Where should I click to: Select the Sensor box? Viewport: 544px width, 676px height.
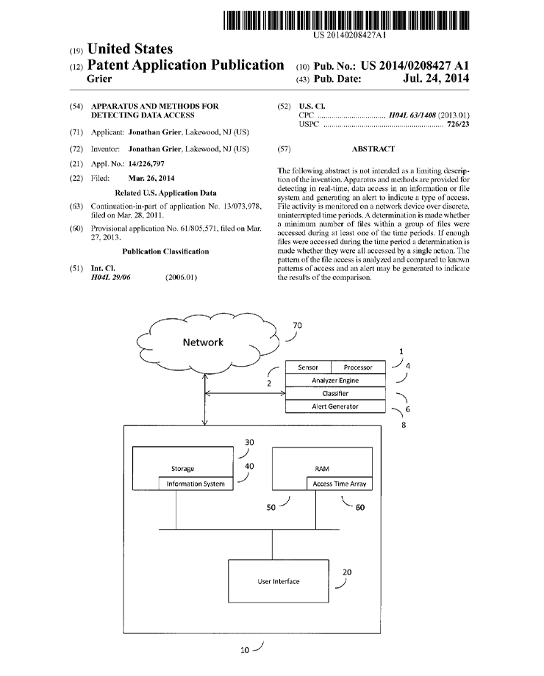(x=308, y=367)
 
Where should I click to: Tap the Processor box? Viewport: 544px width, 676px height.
(x=358, y=367)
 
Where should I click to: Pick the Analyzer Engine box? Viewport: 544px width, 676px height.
(x=335, y=381)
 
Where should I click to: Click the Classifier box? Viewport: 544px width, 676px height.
(x=335, y=393)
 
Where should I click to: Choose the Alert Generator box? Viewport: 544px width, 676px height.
(x=335, y=406)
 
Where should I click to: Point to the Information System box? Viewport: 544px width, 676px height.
(x=196, y=483)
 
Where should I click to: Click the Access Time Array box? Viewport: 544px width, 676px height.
(x=340, y=483)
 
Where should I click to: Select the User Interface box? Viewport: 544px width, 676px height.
(x=279, y=581)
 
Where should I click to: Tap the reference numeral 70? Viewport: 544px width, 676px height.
(x=297, y=326)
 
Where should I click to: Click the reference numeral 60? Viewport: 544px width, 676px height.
(x=359, y=508)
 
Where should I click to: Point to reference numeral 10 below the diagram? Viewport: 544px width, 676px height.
(x=245, y=650)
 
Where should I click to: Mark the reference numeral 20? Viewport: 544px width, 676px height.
(x=347, y=572)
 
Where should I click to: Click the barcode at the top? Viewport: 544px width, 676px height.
(x=346, y=21)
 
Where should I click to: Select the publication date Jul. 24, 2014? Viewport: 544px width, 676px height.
(x=436, y=79)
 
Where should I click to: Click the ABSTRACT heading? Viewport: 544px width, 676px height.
(x=373, y=149)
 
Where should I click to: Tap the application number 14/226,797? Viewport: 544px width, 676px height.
(x=146, y=164)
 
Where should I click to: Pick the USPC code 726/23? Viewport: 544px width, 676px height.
(x=458, y=124)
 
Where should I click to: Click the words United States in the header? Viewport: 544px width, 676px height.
(x=130, y=48)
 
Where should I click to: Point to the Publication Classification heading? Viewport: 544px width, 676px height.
(x=165, y=251)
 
